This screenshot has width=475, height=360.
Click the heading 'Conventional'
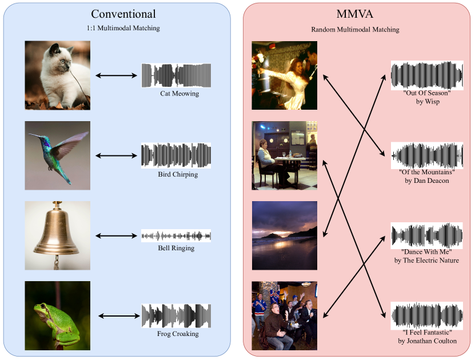(123, 14)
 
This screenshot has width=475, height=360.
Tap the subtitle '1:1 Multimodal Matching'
(119, 27)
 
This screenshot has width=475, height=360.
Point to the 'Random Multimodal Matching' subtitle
(355, 29)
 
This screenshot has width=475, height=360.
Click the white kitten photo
(57, 75)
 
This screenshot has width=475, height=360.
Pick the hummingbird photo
(57, 155)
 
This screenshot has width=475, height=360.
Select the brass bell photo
(57, 235)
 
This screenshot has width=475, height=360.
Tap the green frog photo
(57, 315)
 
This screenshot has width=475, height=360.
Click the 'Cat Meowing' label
(179, 93)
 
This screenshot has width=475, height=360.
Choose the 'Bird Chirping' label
(178, 174)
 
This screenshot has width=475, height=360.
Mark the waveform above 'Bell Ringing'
(176, 235)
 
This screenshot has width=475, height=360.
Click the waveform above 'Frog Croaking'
(177, 315)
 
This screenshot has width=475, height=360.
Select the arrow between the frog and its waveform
(118, 315)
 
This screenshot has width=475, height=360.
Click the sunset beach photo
(284, 235)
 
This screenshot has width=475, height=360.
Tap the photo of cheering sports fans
(284, 315)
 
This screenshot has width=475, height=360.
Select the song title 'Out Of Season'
(427, 93)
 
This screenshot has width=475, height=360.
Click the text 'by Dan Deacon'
(426, 181)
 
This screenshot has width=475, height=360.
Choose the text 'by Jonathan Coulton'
(427, 341)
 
